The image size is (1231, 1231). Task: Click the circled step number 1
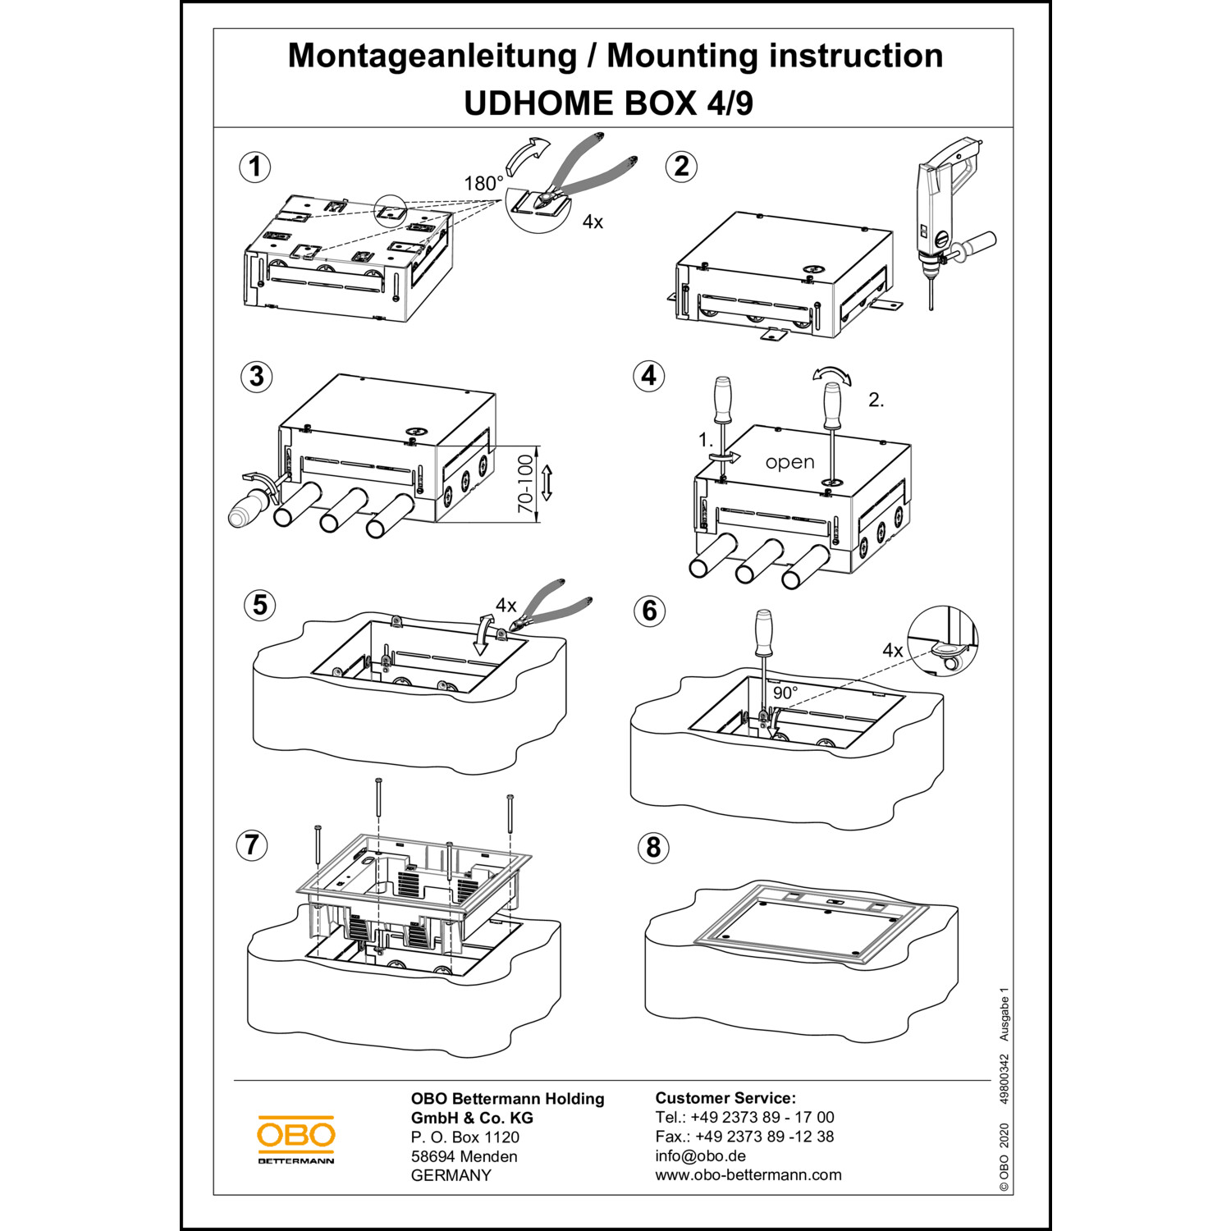254,167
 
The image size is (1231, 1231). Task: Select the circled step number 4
648,376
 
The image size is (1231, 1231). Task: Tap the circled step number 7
252,844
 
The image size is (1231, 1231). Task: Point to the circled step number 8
653,848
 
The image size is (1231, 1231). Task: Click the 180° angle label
483,184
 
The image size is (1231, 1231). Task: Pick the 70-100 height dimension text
525,484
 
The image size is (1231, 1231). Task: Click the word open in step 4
789,462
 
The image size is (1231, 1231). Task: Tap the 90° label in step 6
785,693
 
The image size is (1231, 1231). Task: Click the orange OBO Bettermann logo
295,1139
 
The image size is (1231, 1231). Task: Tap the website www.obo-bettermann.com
748,1174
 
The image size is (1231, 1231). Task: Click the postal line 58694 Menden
464,1156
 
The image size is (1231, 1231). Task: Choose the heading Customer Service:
725,1098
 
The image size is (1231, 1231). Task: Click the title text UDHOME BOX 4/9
608,103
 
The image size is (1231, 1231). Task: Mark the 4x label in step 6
892,651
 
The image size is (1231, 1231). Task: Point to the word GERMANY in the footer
451,1175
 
